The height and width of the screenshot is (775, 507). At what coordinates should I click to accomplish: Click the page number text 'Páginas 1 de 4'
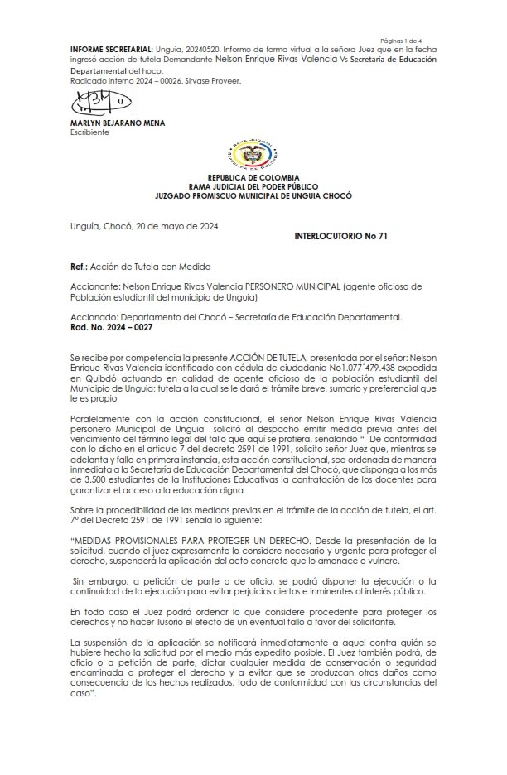click(x=401, y=40)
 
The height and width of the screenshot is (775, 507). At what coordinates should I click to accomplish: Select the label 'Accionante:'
click(x=96, y=286)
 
